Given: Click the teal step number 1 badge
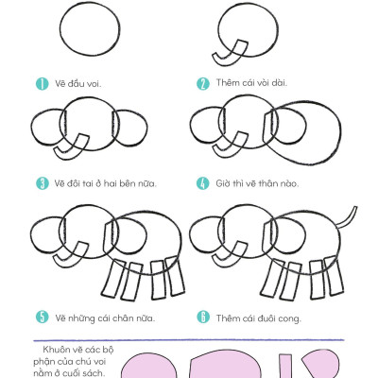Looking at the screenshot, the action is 42,84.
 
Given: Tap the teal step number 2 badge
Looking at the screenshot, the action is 203,84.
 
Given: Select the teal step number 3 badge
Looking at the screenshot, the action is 43,183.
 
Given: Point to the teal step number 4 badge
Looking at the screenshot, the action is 203,183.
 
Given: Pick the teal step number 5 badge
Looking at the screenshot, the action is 43,317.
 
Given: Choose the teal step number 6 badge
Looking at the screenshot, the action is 203,317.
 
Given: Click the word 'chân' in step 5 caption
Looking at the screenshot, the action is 123,318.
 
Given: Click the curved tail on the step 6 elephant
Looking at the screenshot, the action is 347,217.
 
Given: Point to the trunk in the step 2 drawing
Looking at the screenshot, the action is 230,53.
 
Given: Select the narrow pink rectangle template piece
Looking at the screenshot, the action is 285,367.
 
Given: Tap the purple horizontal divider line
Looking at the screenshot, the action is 188,340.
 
